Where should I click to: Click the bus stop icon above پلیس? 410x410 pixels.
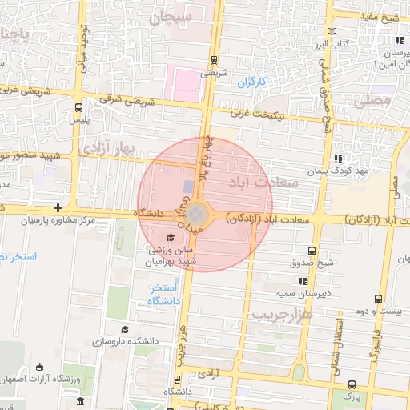pos(78,107)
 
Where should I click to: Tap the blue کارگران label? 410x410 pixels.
pos(251,82)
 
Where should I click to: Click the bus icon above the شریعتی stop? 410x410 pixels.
pos(213,60)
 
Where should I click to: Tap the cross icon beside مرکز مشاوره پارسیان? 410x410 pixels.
pos(58,207)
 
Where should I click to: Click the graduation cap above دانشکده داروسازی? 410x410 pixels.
pos(124,329)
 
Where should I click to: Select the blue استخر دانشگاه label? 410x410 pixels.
pos(163,294)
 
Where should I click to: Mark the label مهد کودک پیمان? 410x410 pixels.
pos(340,171)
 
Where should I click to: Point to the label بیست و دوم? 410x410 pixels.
pos(379,311)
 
